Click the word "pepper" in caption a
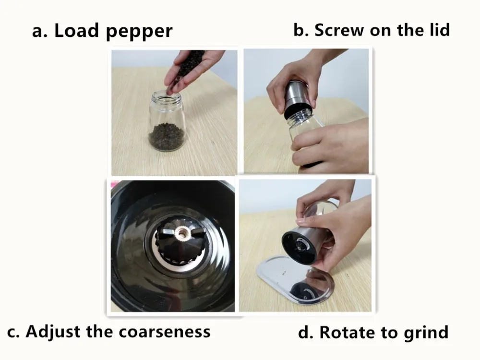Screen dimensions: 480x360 pos(139,31)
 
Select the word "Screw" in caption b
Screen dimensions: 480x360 pos(339,30)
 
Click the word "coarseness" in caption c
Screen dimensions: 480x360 pos(164,332)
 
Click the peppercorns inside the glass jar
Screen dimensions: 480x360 pos(167,136)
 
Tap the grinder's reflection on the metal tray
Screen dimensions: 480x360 pos(306,287)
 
